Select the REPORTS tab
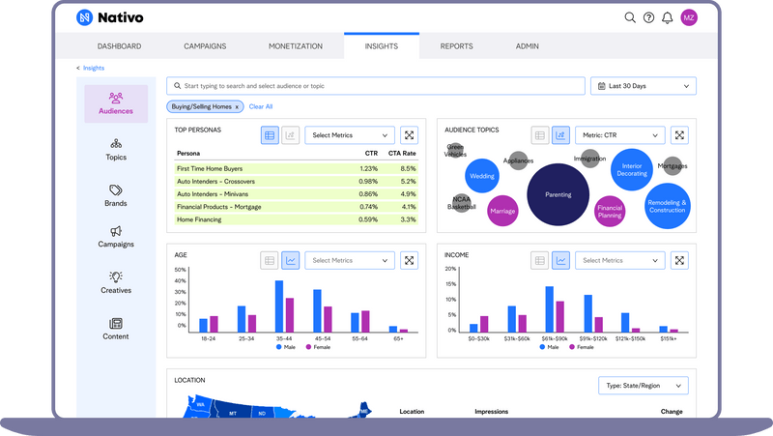456,46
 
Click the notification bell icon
667,17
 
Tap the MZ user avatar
689,17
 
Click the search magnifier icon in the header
630,17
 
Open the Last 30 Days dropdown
643,86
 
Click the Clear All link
261,106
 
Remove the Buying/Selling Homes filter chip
238,106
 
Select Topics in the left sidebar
116,149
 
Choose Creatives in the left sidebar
116,282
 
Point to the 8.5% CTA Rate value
408,168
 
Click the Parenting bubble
558,194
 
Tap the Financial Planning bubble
610,210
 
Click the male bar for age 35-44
279,306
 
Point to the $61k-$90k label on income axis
555,339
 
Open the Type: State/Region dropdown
643,386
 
